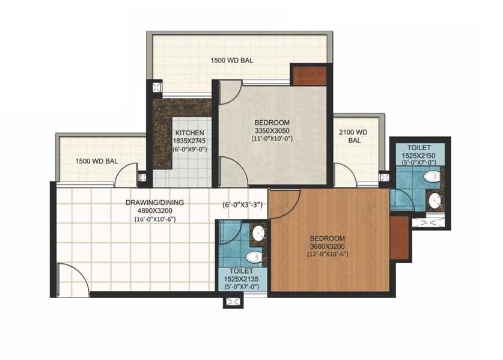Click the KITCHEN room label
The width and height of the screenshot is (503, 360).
coord(189,133)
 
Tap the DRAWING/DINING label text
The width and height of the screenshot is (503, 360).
coord(155,203)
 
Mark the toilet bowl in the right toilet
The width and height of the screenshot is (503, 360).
coord(430,177)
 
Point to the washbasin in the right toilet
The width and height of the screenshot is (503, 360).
coord(433,199)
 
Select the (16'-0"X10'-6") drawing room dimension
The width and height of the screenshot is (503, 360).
coord(155,219)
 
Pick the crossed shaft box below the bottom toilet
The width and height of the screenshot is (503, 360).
coord(232,302)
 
